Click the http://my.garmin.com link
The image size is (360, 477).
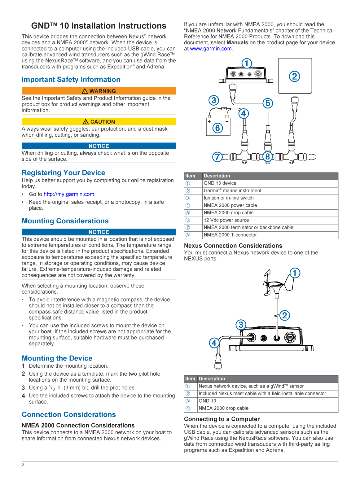coord(69,194)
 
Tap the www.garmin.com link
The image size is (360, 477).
coord(211,49)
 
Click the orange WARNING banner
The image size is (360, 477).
coord(99,91)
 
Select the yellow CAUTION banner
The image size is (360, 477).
coord(99,122)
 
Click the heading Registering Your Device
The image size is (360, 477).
coord(63,173)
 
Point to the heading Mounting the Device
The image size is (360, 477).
coord(57,358)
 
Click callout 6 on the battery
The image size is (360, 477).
coord(217,128)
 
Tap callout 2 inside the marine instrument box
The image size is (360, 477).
coord(294,76)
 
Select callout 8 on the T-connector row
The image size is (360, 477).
coord(268,156)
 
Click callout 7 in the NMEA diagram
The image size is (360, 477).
coord(217,157)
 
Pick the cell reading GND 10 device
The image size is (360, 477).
coord(220,183)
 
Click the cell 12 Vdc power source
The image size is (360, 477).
coord(226,220)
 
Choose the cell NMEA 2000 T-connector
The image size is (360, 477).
coord(230,235)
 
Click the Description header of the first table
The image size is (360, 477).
coord(217,176)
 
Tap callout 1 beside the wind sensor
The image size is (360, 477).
coord(295,273)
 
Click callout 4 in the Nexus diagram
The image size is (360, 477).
coord(214,343)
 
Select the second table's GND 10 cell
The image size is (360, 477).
coord(207,401)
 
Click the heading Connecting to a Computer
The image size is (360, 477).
coord(222,419)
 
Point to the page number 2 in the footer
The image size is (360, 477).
coord(23,465)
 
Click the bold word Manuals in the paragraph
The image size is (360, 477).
coord(237,43)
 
